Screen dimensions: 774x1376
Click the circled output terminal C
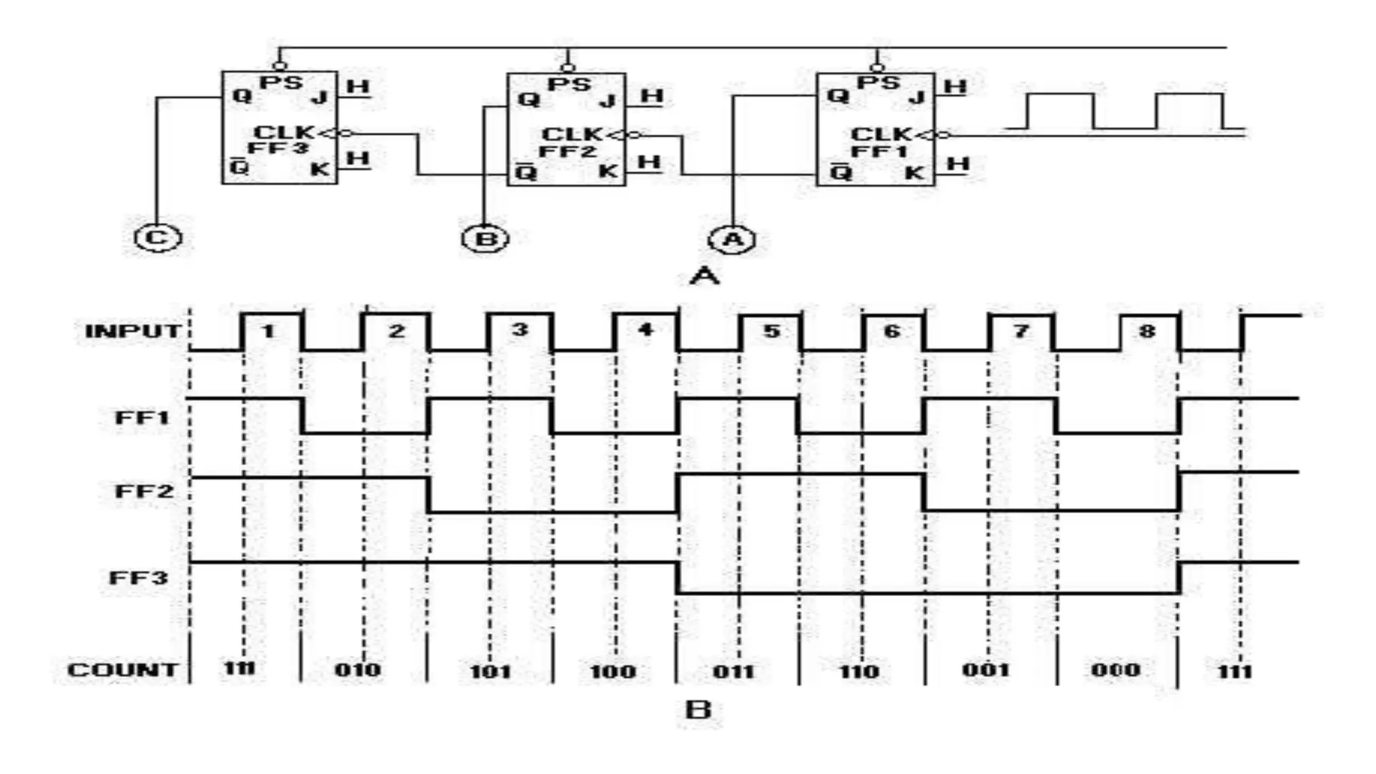tap(158, 238)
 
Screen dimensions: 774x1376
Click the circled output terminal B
tap(485, 239)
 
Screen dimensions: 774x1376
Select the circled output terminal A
tap(732, 240)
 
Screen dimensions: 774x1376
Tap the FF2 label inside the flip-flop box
tap(568, 151)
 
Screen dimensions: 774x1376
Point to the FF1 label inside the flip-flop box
tap(879, 151)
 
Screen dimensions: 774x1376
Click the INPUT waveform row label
tap(133, 331)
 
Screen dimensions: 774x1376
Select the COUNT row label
tap(122, 670)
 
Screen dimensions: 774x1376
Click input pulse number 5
tap(771, 331)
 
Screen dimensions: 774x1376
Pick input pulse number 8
tap(1147, 331)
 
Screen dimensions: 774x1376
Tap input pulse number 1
tap(268, 331)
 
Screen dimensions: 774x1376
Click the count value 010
tap(357, 670)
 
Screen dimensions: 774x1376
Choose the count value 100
tap(612, 671)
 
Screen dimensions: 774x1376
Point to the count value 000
tap(1115, 670)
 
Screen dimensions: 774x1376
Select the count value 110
tap(859, 671)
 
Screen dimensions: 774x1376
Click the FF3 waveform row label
tap(138, 578)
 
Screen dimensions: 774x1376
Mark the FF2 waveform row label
tap(144, 491)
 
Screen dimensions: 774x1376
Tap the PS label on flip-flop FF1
tap(878, 83)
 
